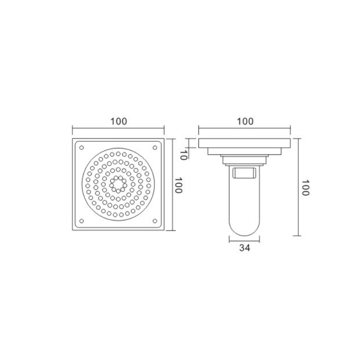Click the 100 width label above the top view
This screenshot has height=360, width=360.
point(119,121)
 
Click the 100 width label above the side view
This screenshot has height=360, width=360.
point(245,121)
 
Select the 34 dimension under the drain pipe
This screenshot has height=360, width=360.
point(244,248)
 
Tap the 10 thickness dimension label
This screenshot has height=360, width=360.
point(183,155)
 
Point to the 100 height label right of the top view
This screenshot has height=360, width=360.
point(178,185)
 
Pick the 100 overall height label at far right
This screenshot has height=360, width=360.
point(305,188)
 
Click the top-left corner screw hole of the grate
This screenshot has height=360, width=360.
point(81,148)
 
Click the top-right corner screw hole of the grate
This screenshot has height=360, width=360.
point(155,148)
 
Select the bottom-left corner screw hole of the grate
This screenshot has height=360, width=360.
point(81,221)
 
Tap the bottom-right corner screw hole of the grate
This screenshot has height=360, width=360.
point(155,221)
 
